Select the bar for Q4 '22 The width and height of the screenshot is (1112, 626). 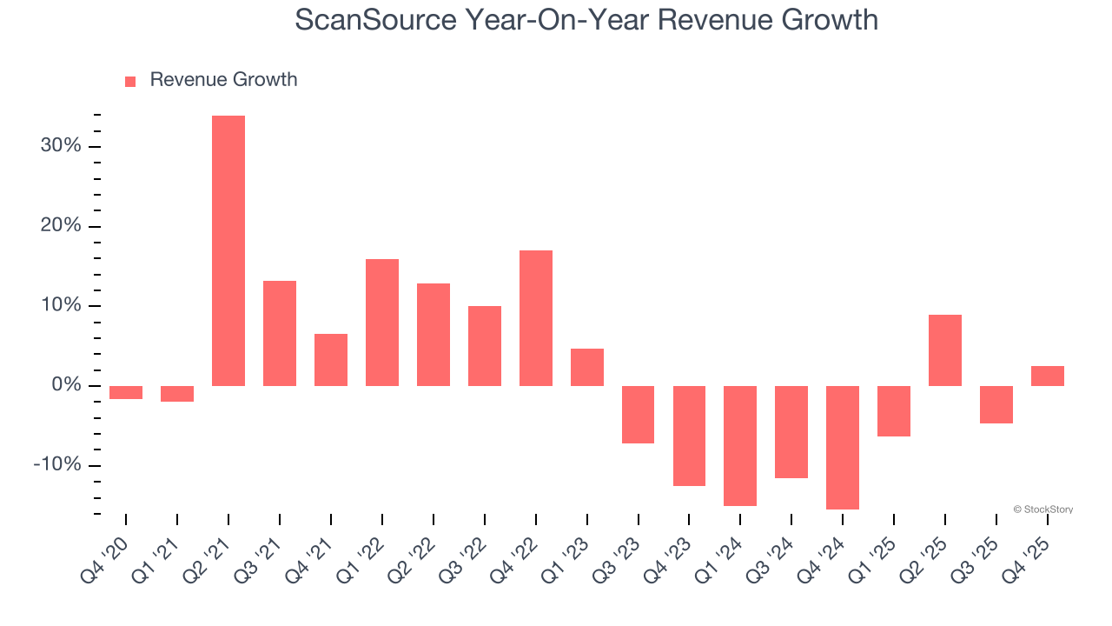pyautogui.click(x=536, y=318)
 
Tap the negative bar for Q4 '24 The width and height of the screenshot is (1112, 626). pyautogui.click(x=843, y=447)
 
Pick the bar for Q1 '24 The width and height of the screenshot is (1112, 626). pyautogui.click(x=740, y=445)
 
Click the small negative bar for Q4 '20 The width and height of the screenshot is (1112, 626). pyautogui.click(x=126, y=392)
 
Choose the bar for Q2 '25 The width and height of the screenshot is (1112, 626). pyautogui.click(x=945, y=350)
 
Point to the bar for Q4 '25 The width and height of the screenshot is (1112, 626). pyautogui.click(x=1048, y=376)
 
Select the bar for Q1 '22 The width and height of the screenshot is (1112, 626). pyautogui.click(x=382, y=323)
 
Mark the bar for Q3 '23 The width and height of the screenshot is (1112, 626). pyautogui.click(x=638, y=415)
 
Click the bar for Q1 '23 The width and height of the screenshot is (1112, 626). pyautogui.click(x=587, y=367)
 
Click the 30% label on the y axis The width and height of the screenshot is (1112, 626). pyautogui.click(x=61, y=146)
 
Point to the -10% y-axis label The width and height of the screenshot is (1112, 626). pyautogui.click(x=57, y=465)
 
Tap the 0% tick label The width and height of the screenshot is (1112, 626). pyautogui.click(x=65, y=385)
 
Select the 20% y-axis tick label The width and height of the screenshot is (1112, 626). pyautogui.click(x=61, y=226)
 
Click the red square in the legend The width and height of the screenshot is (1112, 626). pyautogui.click(x=130, y=81)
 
